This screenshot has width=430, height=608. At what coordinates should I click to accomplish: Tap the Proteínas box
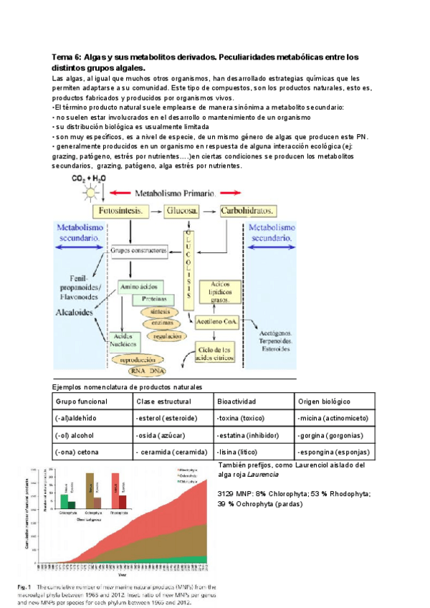(x=154, y=298)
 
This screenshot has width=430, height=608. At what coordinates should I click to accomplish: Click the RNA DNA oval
(x=147, y=371)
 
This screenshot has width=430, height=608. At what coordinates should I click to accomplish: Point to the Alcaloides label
(x=75, y=313)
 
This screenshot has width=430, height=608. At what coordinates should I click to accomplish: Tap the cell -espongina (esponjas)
(x=332, y=452)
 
